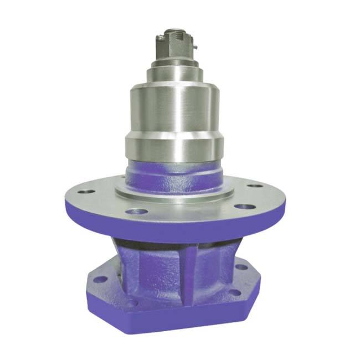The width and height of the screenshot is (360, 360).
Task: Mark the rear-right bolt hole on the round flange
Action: coord(254,186)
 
